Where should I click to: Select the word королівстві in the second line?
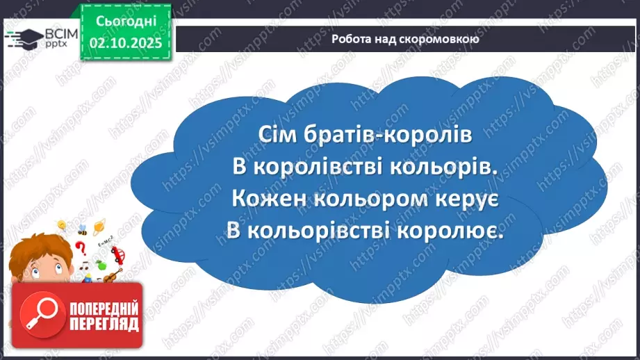pos(318,167)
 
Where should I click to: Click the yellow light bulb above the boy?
pos(62,225)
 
